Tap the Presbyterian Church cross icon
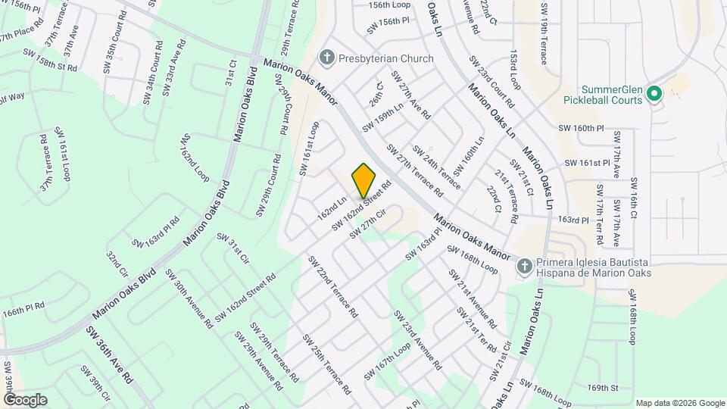pos(326,58)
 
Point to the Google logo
pos(24,399)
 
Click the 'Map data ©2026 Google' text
pos(679,403)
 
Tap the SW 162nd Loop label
pos(194,158)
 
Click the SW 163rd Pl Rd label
pos(155,233)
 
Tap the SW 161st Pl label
pos(588,163)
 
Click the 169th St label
pos(603,388)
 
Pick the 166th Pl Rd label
pos(23,310)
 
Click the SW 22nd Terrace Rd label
pos(332,286)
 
